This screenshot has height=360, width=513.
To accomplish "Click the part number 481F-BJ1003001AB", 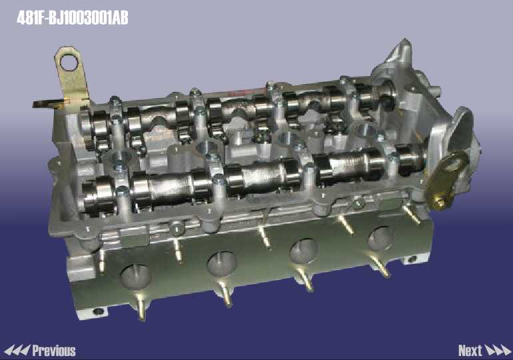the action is (x=73, y=18).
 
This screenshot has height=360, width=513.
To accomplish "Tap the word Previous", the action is (x=54, y=351).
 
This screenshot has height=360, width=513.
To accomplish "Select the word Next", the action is (x=470, y=351).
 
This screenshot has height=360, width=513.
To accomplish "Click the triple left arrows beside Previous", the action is (x=17, y=350).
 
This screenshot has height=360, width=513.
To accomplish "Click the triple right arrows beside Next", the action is (x=498, y=350).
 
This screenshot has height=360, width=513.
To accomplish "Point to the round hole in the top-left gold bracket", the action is (x=69, y=63).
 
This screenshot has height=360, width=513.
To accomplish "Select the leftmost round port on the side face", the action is (x=136, y=277).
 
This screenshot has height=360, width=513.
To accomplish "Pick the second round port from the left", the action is (x=222, y=264).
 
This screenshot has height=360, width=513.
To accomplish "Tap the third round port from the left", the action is (x=304, y=251).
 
